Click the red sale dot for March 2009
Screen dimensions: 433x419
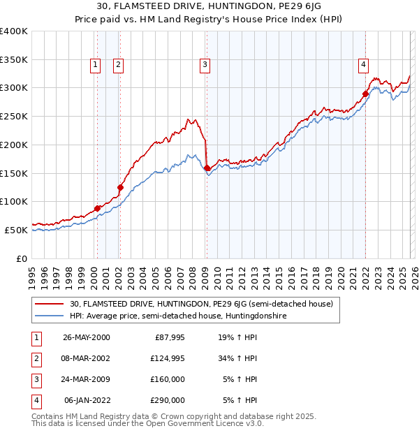[207, 168]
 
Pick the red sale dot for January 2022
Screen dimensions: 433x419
[365, 94]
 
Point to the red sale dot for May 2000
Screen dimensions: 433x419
[98, 208]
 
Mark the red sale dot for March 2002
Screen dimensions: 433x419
[120, 187]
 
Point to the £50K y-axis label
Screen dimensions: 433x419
[16, 230]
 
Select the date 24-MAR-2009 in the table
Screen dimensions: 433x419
[87, 379]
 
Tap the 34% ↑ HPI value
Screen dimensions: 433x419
[239, 358]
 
